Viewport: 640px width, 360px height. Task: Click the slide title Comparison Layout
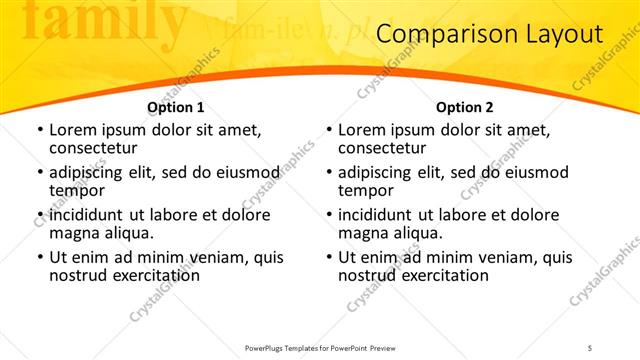[490, 35]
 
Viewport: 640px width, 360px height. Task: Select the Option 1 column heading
[176, 107]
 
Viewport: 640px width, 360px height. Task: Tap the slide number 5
[590, 348]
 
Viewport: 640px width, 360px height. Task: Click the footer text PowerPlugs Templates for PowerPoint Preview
[318, 348]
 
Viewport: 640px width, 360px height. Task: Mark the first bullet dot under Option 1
[39, 131]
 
